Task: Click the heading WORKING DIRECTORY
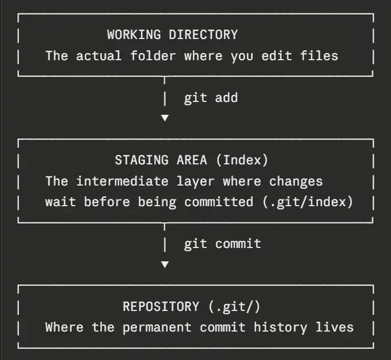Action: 172,35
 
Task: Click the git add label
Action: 211,98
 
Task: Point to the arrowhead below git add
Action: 164,118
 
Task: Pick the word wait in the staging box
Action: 61,202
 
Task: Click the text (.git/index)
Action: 307,202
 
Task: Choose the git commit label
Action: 222,244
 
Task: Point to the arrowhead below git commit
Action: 164,264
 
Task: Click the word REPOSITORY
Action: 160,307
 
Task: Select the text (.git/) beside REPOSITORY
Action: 234,307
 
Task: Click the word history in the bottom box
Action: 276,327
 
